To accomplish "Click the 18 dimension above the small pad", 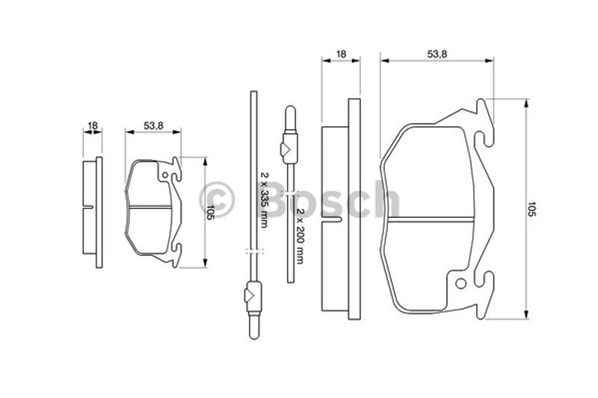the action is tap(93, 125).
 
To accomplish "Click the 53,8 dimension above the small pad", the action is tap(153, 125).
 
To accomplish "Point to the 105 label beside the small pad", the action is tap(210, 212).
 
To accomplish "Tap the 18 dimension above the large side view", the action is tap(341, 54).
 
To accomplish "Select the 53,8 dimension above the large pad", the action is tap(437, 54).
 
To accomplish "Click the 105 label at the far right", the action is tap(531, 209).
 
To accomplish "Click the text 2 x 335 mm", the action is tap(264, 199).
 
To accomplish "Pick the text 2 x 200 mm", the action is tap(300, 236).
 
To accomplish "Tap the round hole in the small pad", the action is tap(164, 175).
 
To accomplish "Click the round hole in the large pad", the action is tap(460, 283).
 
